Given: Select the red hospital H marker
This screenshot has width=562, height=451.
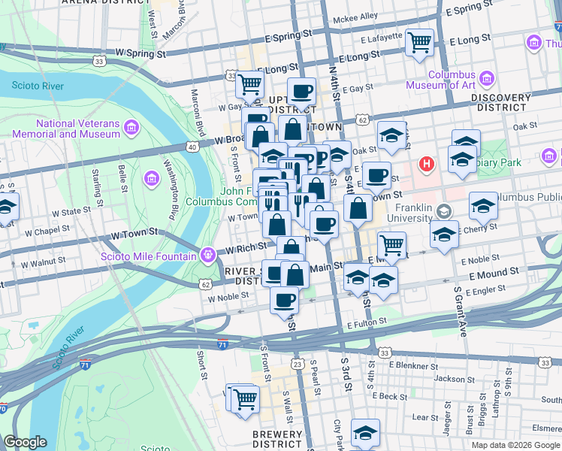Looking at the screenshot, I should tap(427, 163).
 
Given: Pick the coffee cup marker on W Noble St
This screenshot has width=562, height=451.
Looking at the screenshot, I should tap(284, 299).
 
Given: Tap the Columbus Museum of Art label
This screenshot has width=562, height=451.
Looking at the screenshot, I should tap(451, 80).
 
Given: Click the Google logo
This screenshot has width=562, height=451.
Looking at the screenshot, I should tap(25, 442).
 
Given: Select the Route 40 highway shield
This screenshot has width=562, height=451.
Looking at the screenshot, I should tap(193, 147).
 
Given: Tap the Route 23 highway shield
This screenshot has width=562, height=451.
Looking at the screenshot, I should tap(298, 365).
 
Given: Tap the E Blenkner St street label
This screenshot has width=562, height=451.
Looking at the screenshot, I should tap(413, 365).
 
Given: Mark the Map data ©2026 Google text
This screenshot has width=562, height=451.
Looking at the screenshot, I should tap(517, 444).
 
